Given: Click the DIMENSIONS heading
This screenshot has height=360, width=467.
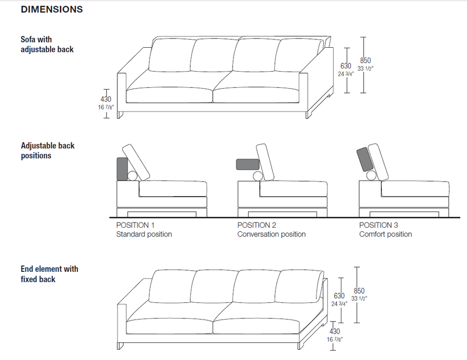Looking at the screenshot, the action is (52, 9).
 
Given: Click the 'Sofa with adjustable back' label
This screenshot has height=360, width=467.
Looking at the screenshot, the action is (47, 45).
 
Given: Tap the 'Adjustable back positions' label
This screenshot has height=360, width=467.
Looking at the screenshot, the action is (48, 150).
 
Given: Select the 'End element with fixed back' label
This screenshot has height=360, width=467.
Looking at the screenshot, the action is (49, 274).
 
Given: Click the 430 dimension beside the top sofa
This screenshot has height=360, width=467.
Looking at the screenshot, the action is (106, 99).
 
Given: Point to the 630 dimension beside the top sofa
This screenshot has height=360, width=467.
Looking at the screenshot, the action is (346, 66).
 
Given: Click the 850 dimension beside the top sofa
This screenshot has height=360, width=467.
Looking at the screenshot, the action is (365, 61).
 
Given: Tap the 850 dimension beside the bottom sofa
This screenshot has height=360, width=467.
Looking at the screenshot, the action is (359, 290).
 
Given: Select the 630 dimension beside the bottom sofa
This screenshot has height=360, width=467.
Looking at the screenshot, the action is (339, 296).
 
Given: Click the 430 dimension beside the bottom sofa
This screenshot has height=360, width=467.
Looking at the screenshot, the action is (335, 331).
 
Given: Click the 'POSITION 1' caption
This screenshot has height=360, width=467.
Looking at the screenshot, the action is (135, 225).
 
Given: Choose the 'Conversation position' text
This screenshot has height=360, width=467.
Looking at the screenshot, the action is (271, 234).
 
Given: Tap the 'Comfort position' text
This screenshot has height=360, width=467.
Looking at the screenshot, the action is (386, 234).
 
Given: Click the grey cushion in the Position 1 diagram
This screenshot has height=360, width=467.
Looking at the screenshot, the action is (122, 169).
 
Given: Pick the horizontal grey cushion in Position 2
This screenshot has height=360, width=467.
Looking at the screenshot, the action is (248, 164).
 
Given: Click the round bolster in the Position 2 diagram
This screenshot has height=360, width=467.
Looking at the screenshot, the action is (258, 176).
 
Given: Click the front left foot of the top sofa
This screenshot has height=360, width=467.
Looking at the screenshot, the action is (120, 115).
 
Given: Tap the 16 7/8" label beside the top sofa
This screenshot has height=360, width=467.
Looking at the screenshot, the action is (106, 107).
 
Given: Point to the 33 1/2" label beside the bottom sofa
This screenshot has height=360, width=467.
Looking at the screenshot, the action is (359, 298).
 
